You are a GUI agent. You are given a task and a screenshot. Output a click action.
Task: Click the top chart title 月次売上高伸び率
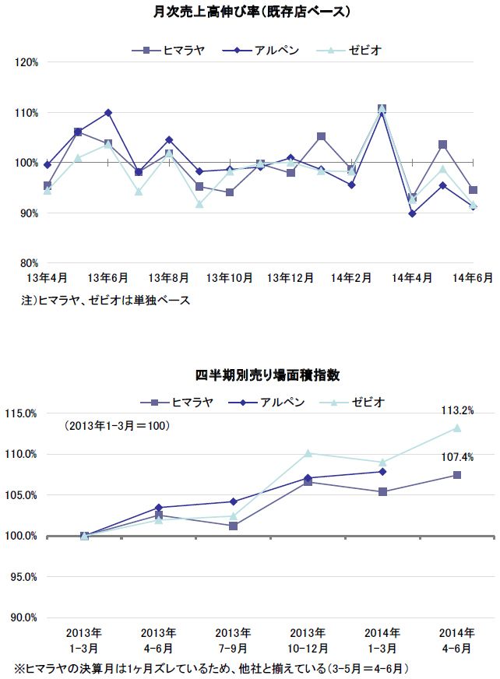click(x=249, y=13)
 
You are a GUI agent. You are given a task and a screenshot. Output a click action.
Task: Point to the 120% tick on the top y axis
click(x=27, y=62)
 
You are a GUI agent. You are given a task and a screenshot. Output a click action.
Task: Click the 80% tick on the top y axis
click(x=29, y=263)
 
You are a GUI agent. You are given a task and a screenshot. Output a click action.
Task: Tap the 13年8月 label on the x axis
click(x=169, y=278)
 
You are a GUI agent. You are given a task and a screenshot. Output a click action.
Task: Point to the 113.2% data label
click(x=456, y=410)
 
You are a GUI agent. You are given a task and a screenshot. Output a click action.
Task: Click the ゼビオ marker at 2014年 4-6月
click(x=457, y=427)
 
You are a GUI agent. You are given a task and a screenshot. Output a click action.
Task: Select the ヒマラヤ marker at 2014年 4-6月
click(x=457, y=475)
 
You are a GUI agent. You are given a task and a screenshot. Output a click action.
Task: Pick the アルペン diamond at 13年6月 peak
click(x=108, y=113)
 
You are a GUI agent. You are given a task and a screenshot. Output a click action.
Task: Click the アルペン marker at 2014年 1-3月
click(x=382, y=471)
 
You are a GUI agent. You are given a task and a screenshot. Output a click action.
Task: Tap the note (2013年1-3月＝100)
click(x=117, y=427)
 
